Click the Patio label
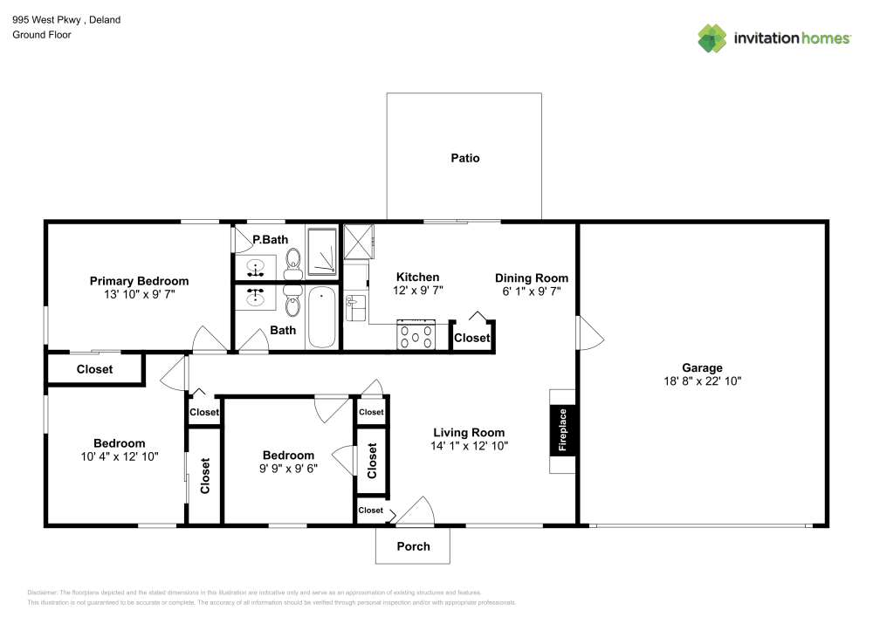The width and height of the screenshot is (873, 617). click(x=464, y=158)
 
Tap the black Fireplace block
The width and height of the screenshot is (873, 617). click(x=563, y=430)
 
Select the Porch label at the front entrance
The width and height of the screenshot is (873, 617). click(x=413, y=546)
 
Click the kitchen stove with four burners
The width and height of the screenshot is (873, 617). click(x=416, y=335)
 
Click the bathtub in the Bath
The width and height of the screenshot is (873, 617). click(x=320, y=318)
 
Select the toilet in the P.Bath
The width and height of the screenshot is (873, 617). click(x=292, y=259)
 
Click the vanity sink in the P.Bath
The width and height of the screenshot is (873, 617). click(x=257, y=265)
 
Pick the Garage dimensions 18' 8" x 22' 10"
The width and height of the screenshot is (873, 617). click(x=702, y=381)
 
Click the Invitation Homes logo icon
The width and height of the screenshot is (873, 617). click(x=712, y=38)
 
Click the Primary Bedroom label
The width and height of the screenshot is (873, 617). click(x=139, y=281)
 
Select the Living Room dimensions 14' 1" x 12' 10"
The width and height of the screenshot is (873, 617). click(x=469, y=445)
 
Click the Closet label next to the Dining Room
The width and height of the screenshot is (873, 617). click(x=472, y=338)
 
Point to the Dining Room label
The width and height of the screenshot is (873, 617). click(x=532, y=278)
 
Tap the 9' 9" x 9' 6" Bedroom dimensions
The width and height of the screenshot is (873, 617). click(x=288, y=468)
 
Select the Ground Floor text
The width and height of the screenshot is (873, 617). click(x=42, y=35)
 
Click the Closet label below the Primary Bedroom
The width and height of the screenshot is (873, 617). click(x=94, y=369)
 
